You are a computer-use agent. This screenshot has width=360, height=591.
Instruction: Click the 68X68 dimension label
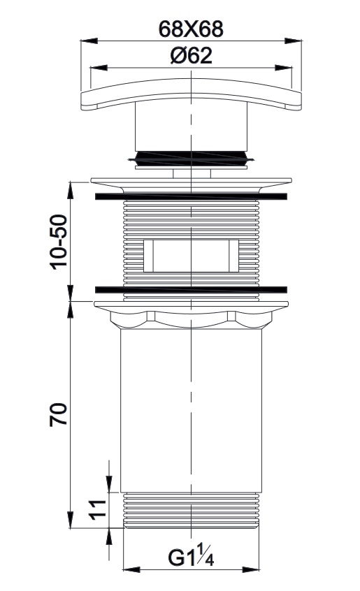[191, 29]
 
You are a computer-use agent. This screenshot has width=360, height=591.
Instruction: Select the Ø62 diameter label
[191, 56]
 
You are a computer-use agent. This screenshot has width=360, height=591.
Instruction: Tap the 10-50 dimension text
[59, 242]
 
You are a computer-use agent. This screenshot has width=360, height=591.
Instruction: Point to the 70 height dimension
[59, 414]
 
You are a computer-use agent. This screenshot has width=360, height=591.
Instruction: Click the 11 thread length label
[98, 510]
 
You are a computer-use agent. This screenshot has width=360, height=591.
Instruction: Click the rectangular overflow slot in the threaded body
[191, 256]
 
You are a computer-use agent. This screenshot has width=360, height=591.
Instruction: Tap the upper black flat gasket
[191, 196]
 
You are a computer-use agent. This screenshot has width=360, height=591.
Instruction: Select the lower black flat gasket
[191, 290]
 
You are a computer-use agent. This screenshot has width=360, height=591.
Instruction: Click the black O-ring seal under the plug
[191, 158]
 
